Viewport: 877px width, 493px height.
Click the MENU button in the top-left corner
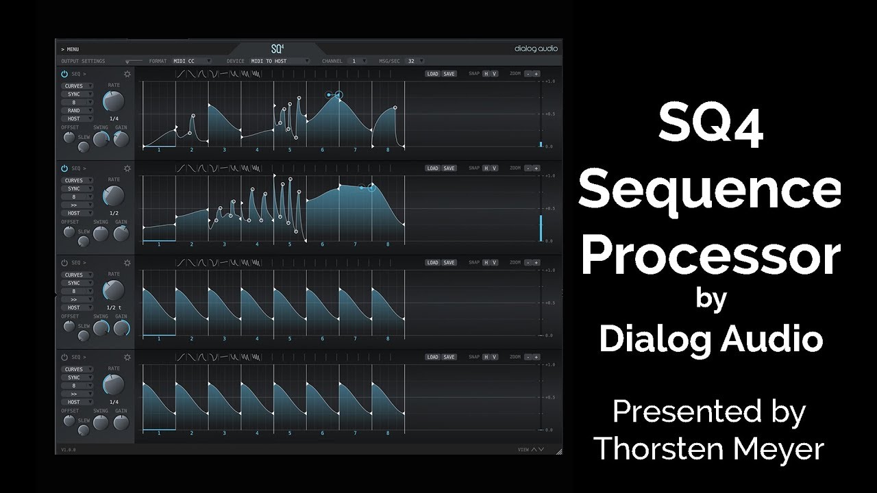(x=71, y=49)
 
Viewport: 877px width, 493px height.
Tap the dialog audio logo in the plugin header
(x=536, y=49)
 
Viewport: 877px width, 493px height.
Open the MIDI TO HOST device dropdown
(x=274, y=61)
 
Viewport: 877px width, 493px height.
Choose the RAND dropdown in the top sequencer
(x=77, y=110)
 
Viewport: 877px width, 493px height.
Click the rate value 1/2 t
(x=114, y=307)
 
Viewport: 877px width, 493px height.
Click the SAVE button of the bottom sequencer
(x=449, y=357)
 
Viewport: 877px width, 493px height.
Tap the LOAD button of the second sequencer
(x=432, y=168)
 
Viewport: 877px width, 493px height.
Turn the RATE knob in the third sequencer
(x=113, y=290)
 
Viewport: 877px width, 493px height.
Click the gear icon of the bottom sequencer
(x=127, y=357)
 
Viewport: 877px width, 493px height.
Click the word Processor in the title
(x=711, y=256)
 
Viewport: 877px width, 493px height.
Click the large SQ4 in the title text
(x=711, y=129)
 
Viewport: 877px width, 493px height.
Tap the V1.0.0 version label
(x=69, y=449)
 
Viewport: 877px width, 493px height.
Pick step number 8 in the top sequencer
(x=388, y=149)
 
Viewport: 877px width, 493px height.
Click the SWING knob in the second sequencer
(x=101, y=233)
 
